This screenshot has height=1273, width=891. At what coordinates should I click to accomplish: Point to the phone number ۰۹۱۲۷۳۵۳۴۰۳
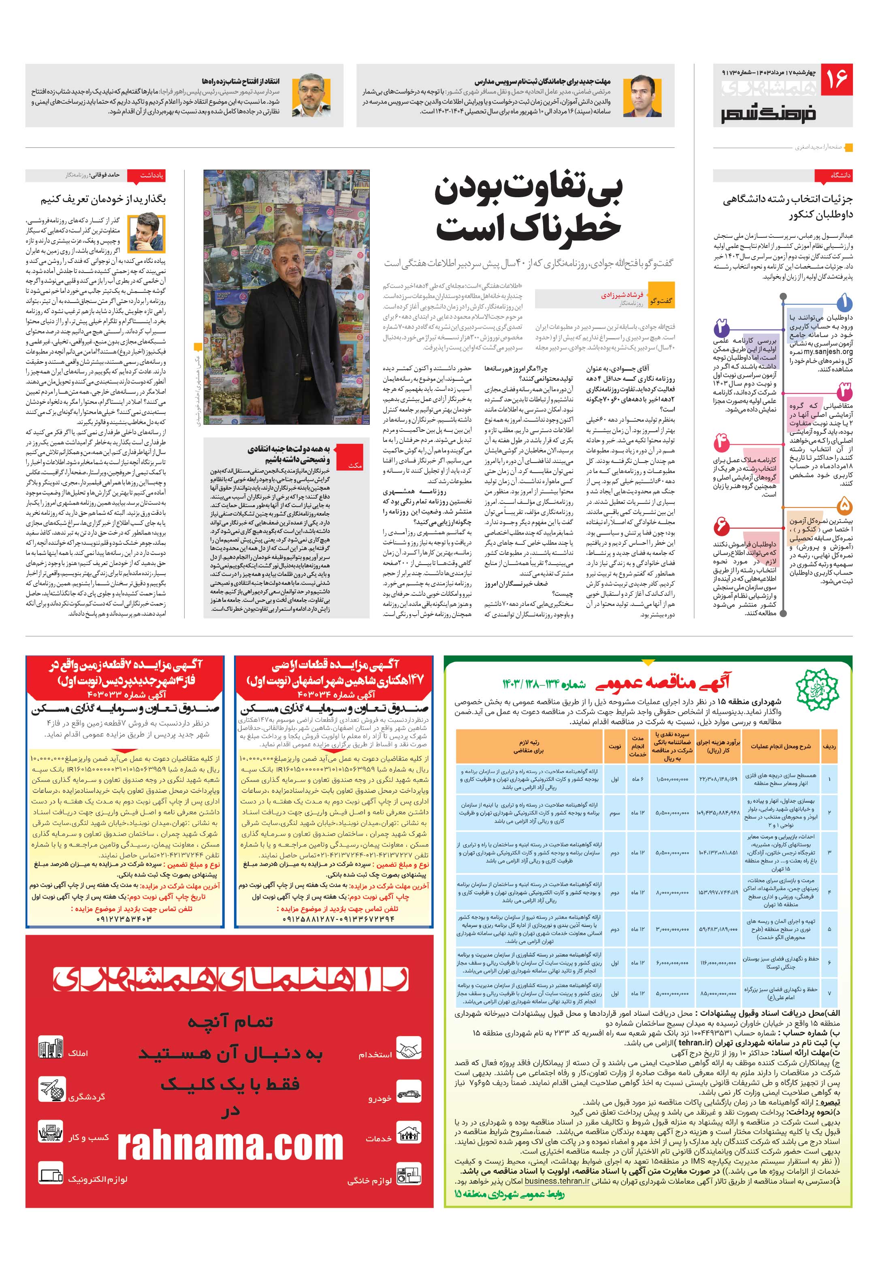125,919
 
